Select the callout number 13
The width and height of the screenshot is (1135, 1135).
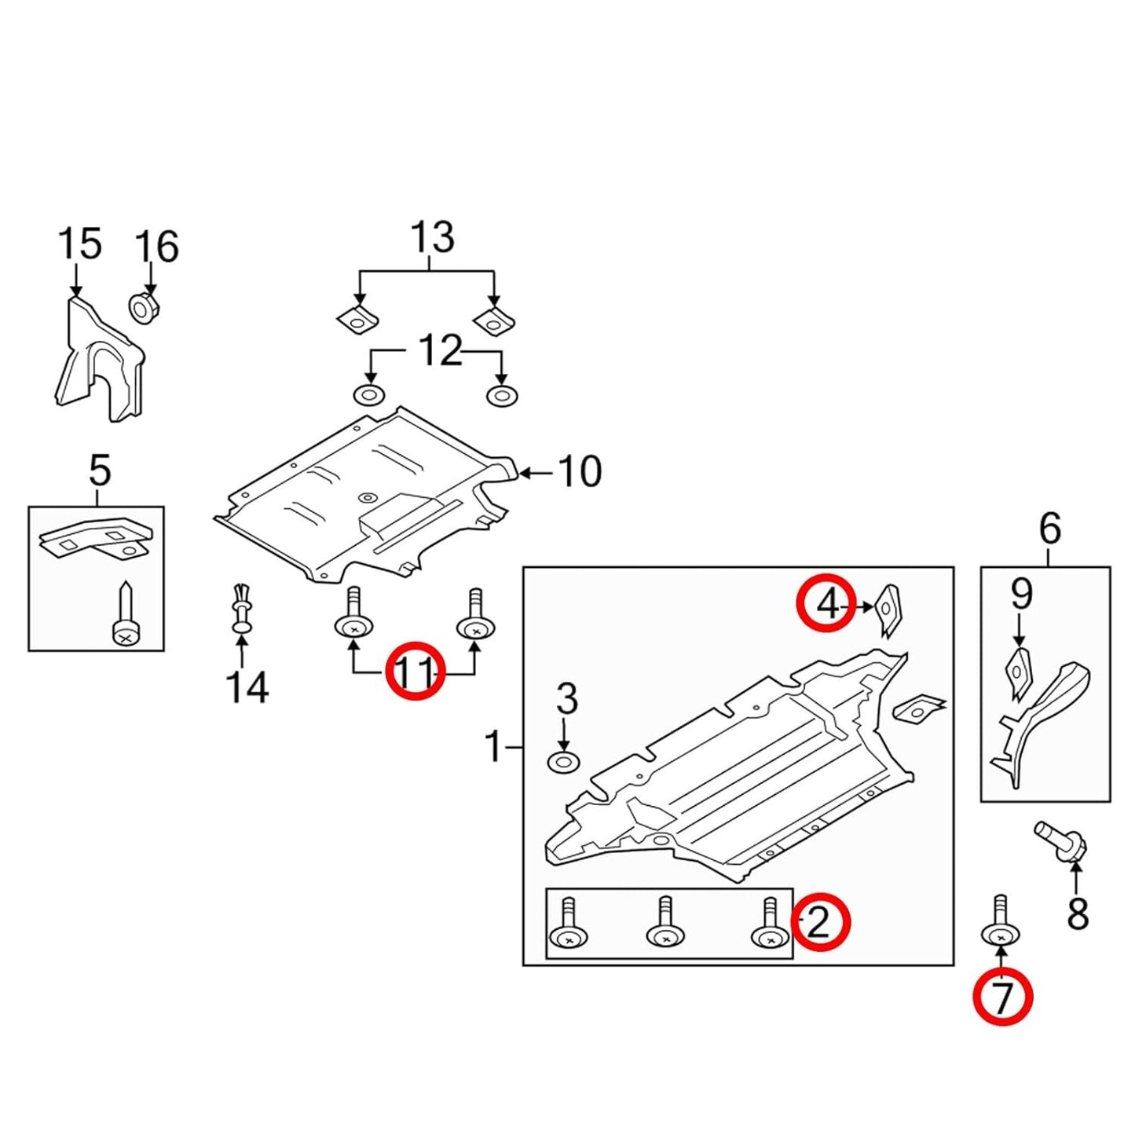(x=432, y=237)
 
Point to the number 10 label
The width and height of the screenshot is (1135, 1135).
(x=579, y=472)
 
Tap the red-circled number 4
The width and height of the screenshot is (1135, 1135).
(x=826, y=605)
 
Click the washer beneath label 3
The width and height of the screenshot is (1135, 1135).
(x=563, y=762)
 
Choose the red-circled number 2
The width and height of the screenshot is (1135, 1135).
(x=820, y=922)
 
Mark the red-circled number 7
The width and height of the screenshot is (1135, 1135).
(x=1002, y=998)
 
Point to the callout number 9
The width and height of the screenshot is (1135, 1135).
(x=1020, y=595)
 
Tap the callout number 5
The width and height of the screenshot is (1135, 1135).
(x=99, y=471)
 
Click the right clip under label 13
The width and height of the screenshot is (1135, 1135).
(x=492, y=319)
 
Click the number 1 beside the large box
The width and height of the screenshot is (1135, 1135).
(x=493, y=747)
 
